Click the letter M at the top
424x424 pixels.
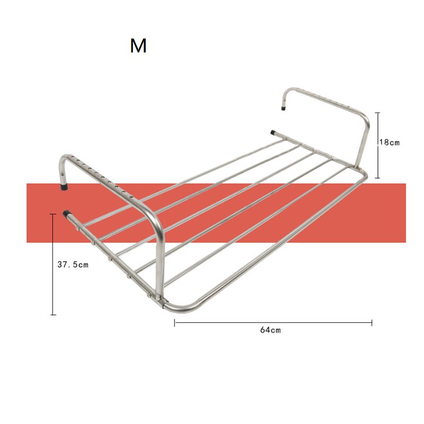(138, 46)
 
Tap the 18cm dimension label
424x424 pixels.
(389, 142)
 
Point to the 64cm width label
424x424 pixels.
(270, 330)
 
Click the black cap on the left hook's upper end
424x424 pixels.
(64, 187)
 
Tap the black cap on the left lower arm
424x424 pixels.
(67, 214)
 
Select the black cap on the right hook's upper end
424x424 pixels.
(284, 107)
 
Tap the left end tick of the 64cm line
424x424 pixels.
(175, 322)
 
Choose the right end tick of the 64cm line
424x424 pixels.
(372, 322)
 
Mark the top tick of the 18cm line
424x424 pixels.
(377, 112)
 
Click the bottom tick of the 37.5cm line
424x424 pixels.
(52, 315)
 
